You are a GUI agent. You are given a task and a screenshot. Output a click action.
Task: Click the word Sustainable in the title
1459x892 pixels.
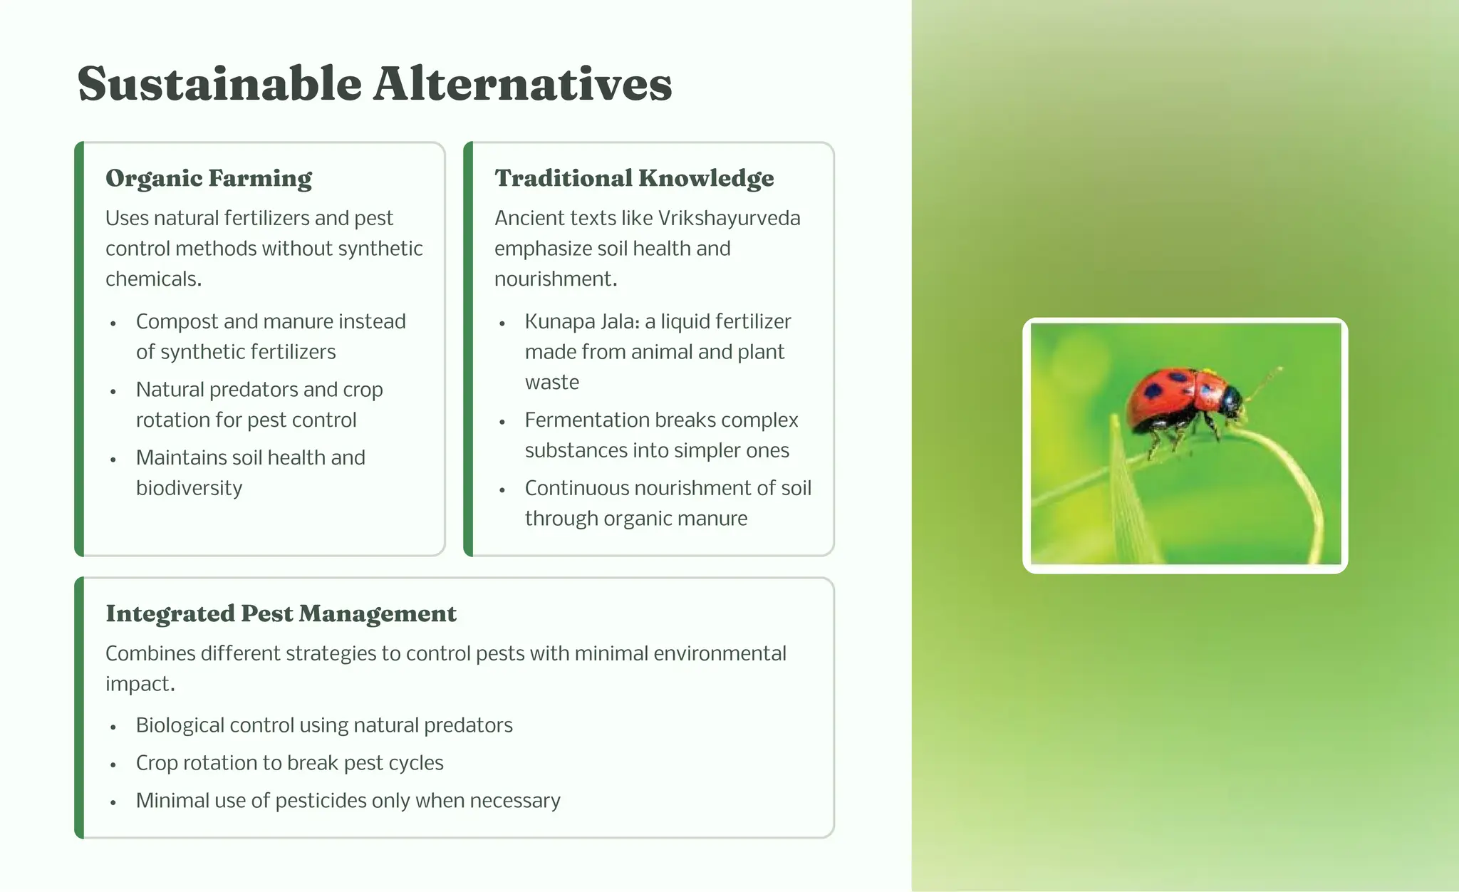click(219, 84)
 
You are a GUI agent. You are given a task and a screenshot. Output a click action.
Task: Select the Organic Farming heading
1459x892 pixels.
click(209, 178)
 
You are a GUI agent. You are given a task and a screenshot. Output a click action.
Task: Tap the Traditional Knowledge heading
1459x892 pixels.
click(634, 178)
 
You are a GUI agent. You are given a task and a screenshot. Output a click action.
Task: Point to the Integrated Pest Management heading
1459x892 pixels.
click(281, 613)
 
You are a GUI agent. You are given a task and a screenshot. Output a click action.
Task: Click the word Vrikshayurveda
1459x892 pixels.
click(728, 218)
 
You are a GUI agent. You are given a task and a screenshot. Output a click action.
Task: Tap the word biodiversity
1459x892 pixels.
click(189, 488)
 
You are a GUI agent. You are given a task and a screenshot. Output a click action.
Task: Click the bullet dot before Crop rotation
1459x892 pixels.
click(113, 764)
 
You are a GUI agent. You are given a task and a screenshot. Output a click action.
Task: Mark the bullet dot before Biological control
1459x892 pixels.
click(113, 727)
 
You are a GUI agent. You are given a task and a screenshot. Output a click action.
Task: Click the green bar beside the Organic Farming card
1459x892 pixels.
click(79, 349)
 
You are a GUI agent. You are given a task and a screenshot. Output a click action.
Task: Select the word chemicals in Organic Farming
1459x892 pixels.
click(152, 279)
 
